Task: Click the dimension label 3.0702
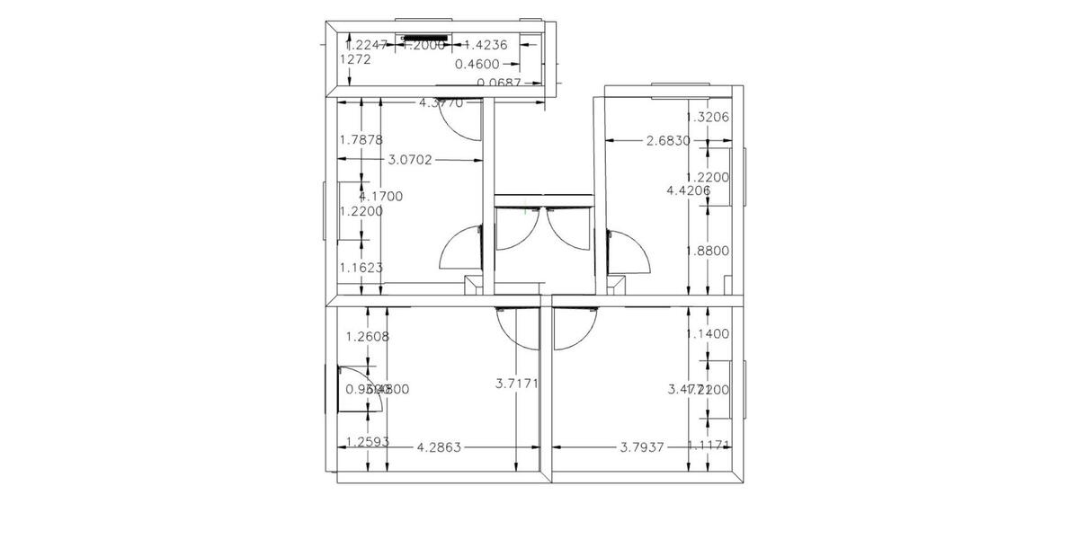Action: [410, 160]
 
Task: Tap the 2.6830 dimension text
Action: [668, 140]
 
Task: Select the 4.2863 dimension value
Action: [439, 446]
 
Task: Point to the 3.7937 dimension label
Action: [642, 446]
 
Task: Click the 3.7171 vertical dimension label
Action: [517, 384]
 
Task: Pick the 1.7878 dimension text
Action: [361, 139]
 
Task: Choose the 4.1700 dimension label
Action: [380, 196]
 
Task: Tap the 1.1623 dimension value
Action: [361, 267]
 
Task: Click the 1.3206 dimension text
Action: [708, 117]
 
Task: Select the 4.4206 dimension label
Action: [689, 190]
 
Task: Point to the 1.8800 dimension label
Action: [708, 251]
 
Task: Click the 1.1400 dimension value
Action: [708, 333]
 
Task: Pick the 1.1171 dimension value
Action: [709, 446]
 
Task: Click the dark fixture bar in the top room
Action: [426, 40]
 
